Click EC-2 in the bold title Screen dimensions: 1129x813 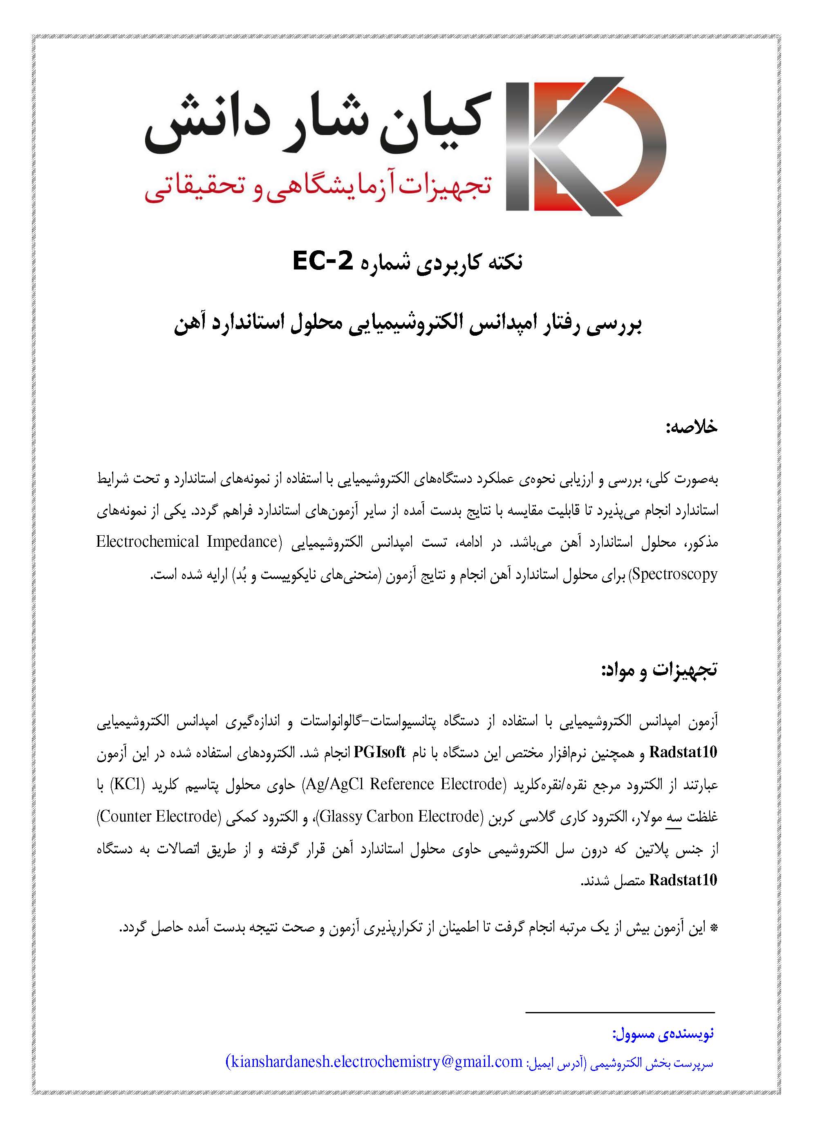323,261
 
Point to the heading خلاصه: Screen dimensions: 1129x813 692,427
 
